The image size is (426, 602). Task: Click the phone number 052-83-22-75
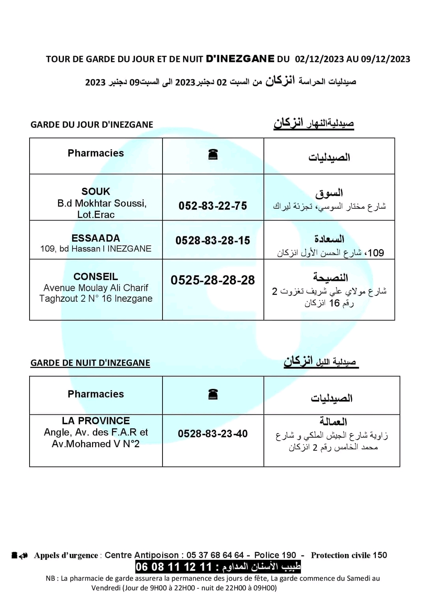tap(213, 206)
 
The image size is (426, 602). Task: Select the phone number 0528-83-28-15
tap(213, 240)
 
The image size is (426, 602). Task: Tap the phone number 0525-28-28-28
tap(213, 280)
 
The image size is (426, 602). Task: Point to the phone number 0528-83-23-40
tap(213, 434)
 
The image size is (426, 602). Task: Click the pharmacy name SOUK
tap(95, 191)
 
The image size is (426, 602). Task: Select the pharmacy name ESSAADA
tap(95, 238)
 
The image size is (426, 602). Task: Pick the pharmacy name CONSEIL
tap(95, 277)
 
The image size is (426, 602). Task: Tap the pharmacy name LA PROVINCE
tap(95, 421)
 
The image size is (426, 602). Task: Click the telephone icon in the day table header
tap(213, 154)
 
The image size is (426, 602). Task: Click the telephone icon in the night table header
tap(213, 394)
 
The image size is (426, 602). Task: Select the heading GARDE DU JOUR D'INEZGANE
tap(92, 124)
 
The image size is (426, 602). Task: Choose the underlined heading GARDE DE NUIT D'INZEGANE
tap(90, 363)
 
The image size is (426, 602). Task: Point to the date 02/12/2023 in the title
tap(319, 59)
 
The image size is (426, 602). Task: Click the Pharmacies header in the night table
tap(95, 394)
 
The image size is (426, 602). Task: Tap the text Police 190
tap(275, 555)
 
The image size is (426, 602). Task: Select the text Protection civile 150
tap(349, 555)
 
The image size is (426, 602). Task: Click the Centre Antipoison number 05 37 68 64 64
tap(215, 555)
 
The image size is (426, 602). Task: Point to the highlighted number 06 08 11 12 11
tap(174, 567)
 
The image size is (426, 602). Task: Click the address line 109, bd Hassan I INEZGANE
tap(95, 249)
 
